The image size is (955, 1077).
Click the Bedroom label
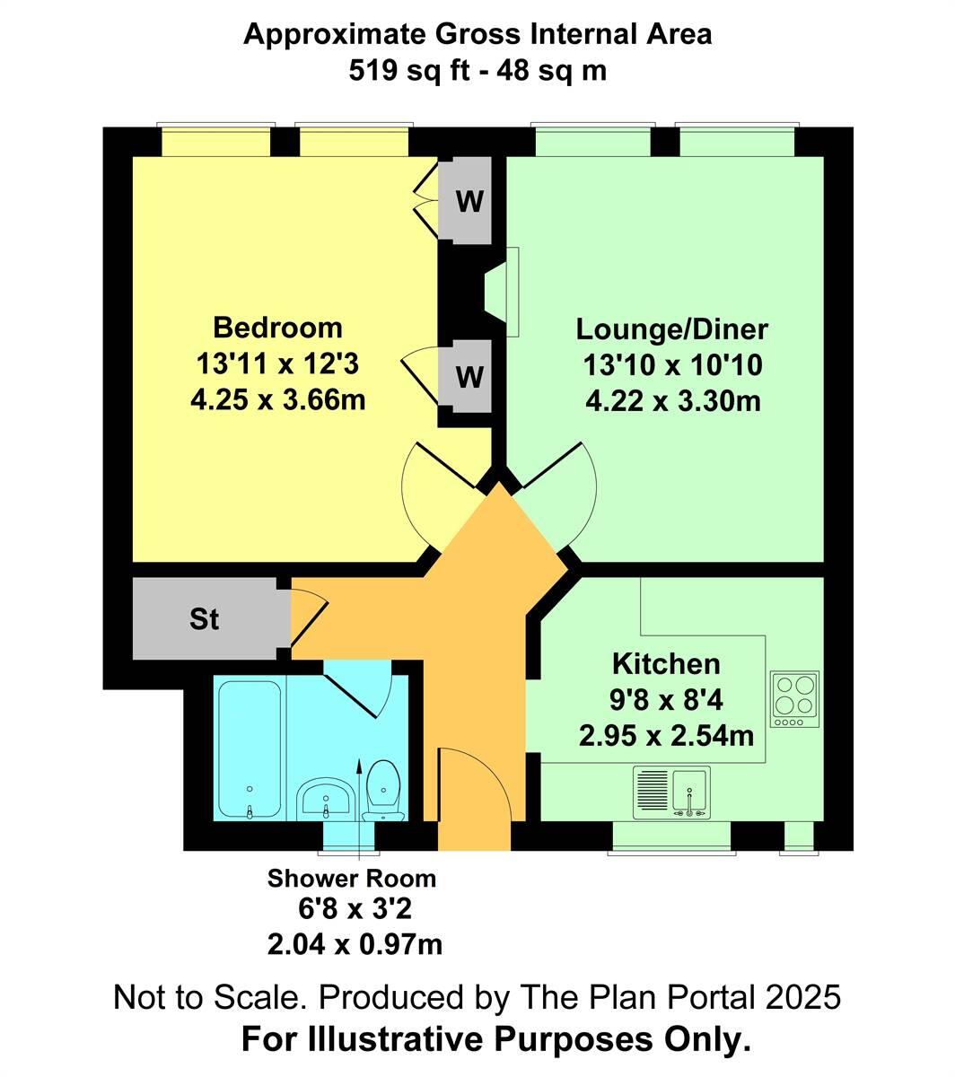(x=277, y=326)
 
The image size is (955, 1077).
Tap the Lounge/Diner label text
(x=671, y=329)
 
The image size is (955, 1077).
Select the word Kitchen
(x=666, y=664)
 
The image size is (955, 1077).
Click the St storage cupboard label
(x=205, y=619)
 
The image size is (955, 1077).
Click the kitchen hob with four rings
(x=794, y=699)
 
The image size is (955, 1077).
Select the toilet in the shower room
(x=383, y=790)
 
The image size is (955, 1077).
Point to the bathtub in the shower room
(x=249, y=749)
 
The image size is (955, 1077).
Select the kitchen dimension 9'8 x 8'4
(x=666, y=701)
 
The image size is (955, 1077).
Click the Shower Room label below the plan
(x=352, y=878)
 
